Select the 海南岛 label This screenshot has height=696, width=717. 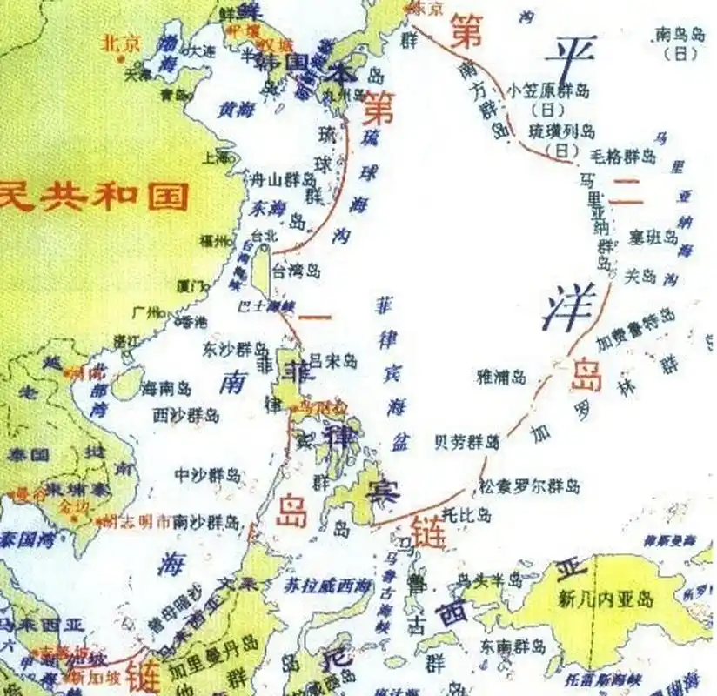coord(166,388)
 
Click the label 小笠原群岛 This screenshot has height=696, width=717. coord(550,90)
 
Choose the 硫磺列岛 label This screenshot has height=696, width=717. coord(562,131)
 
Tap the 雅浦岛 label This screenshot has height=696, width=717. coord(502,376)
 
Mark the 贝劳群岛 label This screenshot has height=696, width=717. coord(467,442)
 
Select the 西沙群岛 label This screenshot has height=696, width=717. coord(186,414)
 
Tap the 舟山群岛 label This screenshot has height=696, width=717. coord(283,180)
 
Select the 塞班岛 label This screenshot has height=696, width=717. coord(653,236)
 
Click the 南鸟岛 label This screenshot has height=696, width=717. coord(679,36)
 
